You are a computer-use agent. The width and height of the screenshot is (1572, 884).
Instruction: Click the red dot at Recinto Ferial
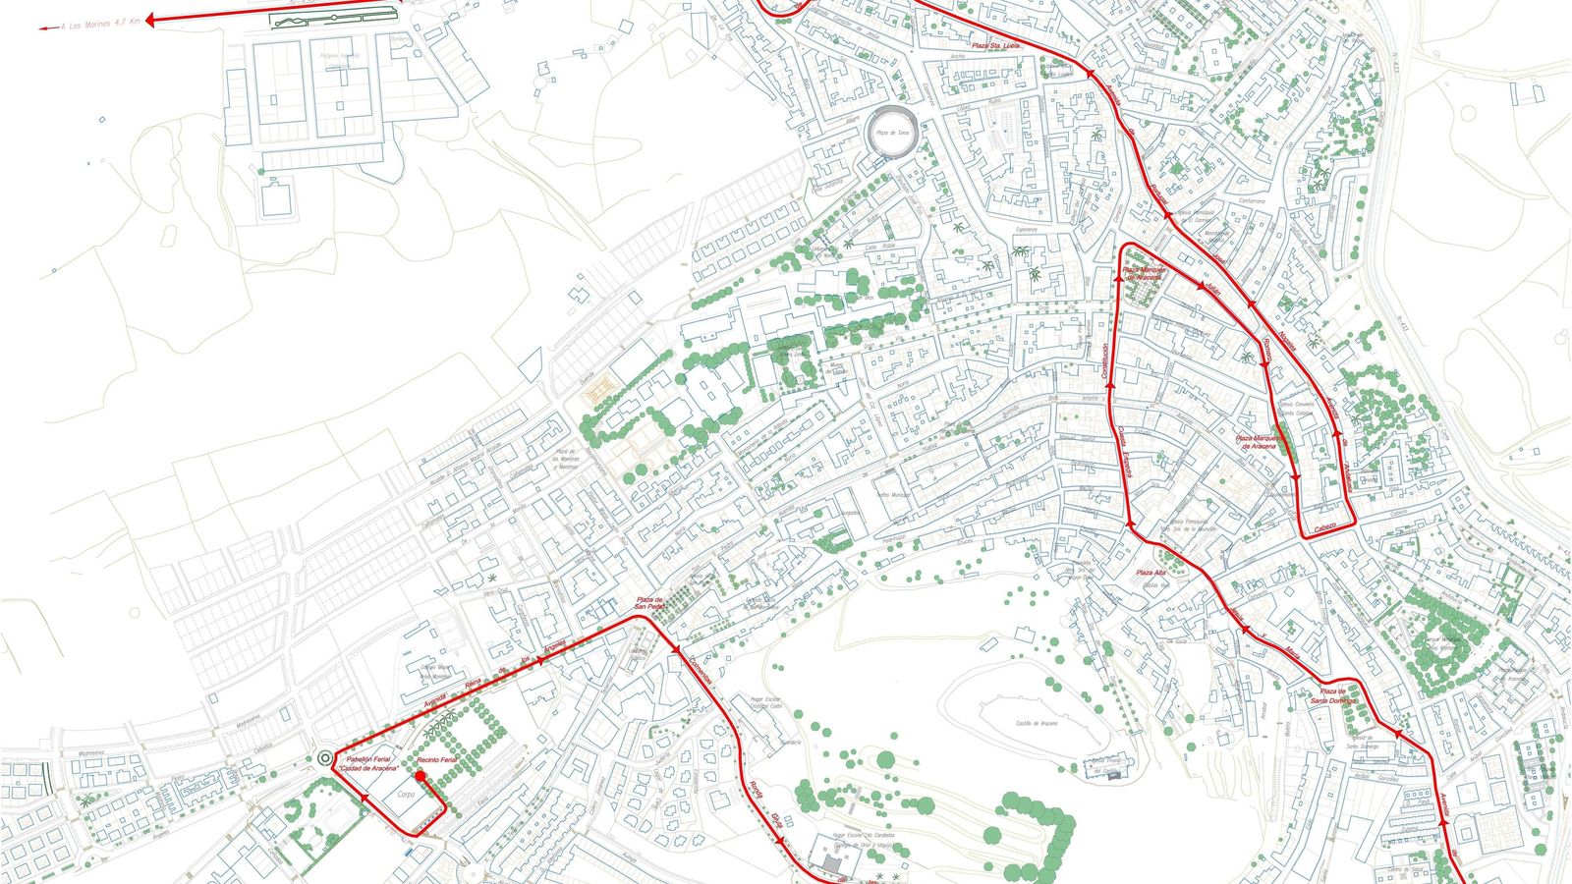tap(421, 775)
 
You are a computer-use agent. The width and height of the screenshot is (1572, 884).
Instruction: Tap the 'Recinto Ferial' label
tap(435, 761)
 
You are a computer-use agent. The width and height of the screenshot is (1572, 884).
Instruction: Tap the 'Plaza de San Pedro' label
tap(648, 603)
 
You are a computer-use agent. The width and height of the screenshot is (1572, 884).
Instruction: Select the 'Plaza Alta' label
tap(1151, 573)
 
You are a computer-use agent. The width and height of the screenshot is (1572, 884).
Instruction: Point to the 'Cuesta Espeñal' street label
tap(1126, 453)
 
